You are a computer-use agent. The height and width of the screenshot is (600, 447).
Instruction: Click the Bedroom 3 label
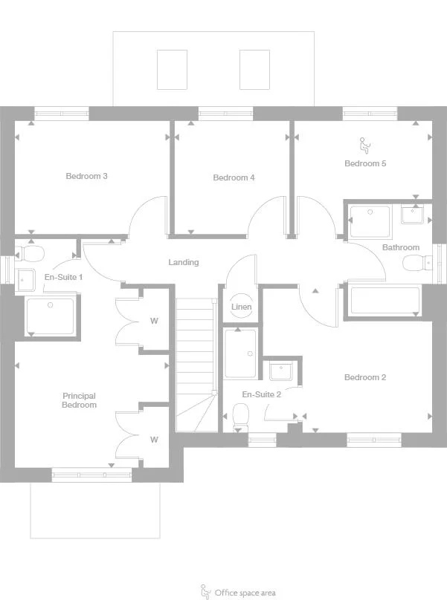(86, 176)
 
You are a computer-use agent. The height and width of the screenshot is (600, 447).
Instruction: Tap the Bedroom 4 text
(234, 177)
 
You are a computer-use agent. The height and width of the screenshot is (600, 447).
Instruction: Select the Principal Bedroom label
(79, 400)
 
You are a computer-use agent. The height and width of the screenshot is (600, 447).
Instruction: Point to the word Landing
(183, 262)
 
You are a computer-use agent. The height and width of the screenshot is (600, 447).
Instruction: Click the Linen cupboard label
(241, 307)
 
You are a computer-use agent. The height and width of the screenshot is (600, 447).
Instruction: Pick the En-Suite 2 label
(261, 394)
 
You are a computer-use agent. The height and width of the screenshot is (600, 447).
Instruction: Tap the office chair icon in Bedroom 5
(364, 143)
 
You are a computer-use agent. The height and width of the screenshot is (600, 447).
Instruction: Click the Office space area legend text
(245, 593)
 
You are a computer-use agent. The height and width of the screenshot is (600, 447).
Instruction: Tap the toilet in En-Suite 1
(31, 254)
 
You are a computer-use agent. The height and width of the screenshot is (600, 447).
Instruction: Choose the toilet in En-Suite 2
(240, 416)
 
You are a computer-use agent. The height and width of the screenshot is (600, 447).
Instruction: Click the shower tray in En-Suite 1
(51, 315)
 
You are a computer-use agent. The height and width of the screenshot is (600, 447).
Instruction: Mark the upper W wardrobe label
(154, 322)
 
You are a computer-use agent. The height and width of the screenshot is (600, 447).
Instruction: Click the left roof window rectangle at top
(172, 69)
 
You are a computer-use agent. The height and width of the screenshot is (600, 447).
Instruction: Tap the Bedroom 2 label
(364, 377)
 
